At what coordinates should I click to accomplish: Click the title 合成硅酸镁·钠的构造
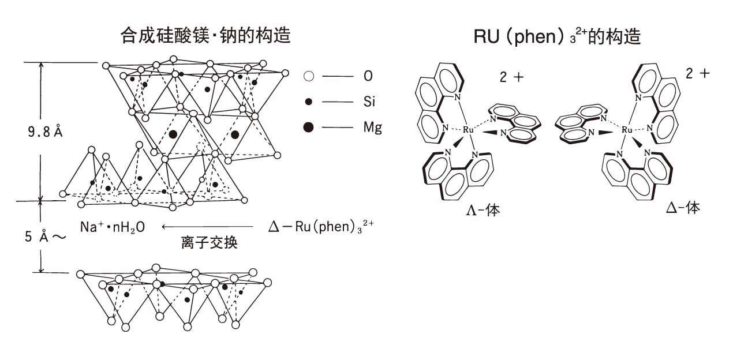pos(205,35)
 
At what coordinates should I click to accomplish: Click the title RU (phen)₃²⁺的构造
pos(557,36)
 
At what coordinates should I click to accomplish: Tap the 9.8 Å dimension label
pos(46,132)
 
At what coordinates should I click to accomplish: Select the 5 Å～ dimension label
pos(46,237)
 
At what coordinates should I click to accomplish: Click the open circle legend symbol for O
pos(309,76)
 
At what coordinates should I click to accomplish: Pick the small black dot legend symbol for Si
pos(309,102)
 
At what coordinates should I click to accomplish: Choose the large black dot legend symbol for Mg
pos(309,127)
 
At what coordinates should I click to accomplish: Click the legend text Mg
pos(373,127)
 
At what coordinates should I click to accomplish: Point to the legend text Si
pos(369,102)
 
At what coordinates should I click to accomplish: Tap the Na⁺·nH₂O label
pos(113,227)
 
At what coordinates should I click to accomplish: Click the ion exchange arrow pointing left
pos(208,227)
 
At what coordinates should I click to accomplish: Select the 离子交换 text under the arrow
pos(210,242)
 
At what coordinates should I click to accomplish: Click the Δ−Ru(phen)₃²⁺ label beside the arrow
pos(321,226)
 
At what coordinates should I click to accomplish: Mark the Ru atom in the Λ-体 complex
pos(468,130)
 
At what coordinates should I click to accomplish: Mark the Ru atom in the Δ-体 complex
pos(627,130)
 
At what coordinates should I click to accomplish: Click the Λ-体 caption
pos(483,210)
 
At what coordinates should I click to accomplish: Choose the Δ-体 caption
pos(683,208)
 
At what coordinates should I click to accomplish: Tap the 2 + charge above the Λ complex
pos(511,77)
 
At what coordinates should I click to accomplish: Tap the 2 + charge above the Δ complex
pos(698,73)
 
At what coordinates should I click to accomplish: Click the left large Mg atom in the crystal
pos(173,134)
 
